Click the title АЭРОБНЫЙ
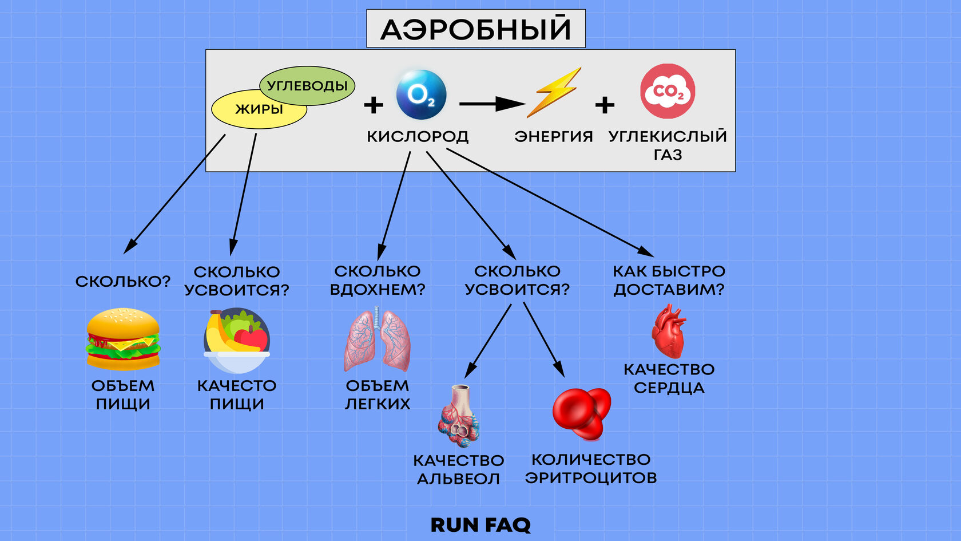tap(475, 29)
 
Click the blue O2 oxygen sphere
tap(421, 94)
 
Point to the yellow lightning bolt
tap(553, 92)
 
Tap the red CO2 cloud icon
tap(667, 92)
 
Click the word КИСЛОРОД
tap(418, 136)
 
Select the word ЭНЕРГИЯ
tap(553, 136)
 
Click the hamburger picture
tap(123, 339)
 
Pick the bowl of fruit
tap(237, 340)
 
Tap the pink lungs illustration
tap(377, 339)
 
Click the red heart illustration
tap(668, 331)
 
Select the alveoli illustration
tap(459, 416)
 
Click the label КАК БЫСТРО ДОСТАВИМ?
tap(669, 280)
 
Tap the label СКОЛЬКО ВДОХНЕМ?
tap(378, 280)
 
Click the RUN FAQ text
tap(480, 524)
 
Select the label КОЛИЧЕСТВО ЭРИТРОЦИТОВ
tap(591, 468)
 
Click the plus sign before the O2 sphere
tap(374, 105)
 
